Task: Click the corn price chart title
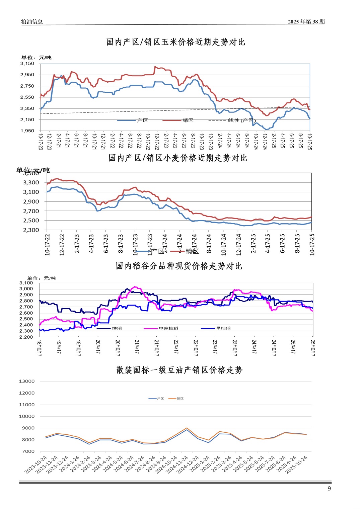(x=175, y=42)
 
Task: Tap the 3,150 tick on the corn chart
(x=27, y=64)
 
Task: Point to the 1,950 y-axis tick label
(x=27, y=131)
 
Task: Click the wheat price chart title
(x=178, y=158)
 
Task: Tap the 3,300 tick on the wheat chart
(x=31, y=182)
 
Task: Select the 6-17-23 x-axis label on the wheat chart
(x=106, y=244)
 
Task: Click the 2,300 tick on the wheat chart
(x=31, y=230)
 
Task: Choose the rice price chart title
(x=179, y=266)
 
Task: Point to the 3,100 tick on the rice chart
(x=26, y=283)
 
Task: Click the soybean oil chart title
(x=179, y=370)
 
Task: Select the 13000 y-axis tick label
(x=27, y=381)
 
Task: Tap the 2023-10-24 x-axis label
(x=36, y=464)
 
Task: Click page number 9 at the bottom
(x=329, y=489)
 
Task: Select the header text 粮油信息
(x=32, y=22)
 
